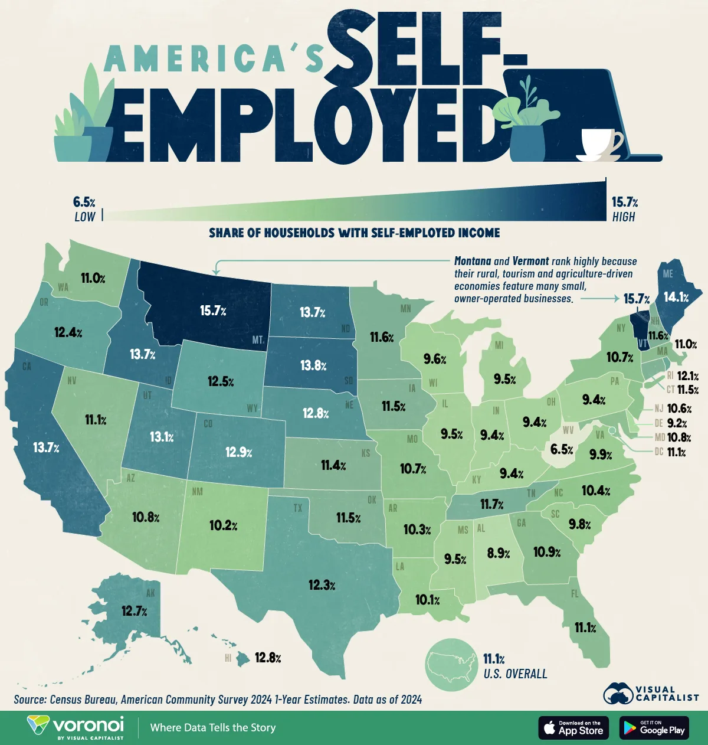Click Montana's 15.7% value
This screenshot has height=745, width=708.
pyautogui.click(x=213, y=311)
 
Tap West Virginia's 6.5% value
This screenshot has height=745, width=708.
pyautogui.click(x=561, y=449)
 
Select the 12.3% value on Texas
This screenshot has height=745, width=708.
pyautogui.click(x=322, y=585)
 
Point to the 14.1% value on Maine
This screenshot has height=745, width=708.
pyautogui.click(x=676, y=298)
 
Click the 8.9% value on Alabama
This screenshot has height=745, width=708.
pyautogui.click(x=499, y=553)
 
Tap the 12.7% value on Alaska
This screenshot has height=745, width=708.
pyautogui.click(x=134, y=611)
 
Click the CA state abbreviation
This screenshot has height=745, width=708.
pyautogui.click(x=27, y=367)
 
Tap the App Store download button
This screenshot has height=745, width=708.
pyautogui.click(x=573, y=728)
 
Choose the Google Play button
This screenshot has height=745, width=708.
pyautogui.click(x=654, y=728)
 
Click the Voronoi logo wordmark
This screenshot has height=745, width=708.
pyautogui.click(x=88, y=724)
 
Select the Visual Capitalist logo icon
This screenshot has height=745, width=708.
pyautogui.click(x=618, y=694)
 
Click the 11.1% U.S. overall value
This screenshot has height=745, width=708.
pyautogui.click(x=494, y=659)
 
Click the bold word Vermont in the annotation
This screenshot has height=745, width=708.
pyautogui.click(x=530, y=261)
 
